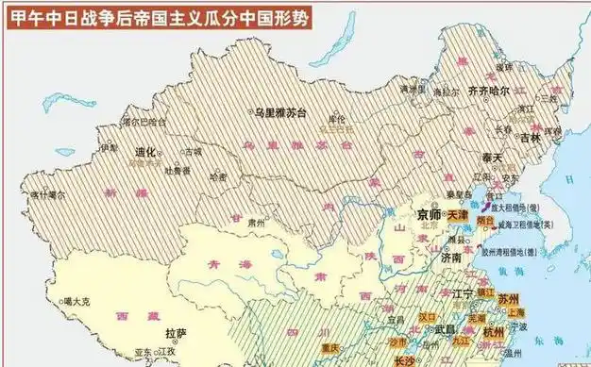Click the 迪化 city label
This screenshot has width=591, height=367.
coord(145,151)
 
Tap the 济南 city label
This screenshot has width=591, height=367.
coord(448,257)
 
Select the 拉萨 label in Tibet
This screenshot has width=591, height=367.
coord(176,333)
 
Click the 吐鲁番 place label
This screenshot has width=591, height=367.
coord(178,171)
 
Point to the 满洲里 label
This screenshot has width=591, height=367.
coord(408,90)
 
